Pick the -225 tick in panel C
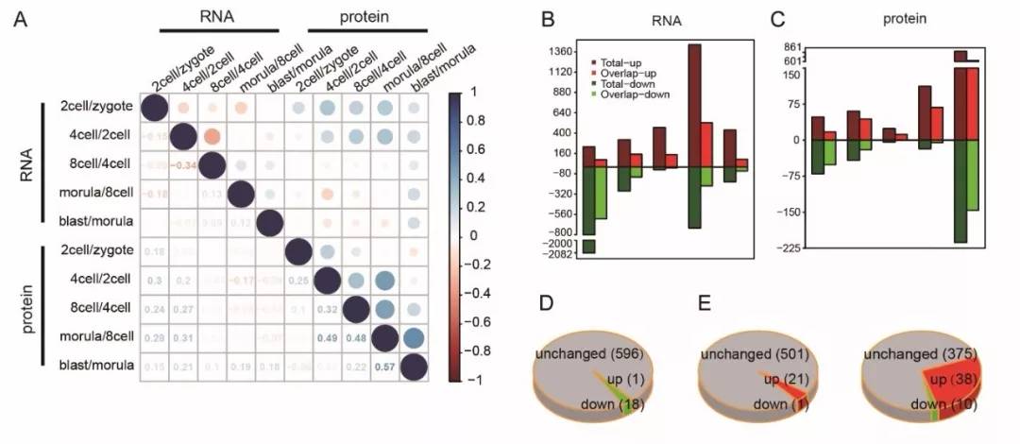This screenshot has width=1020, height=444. [790, 248]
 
